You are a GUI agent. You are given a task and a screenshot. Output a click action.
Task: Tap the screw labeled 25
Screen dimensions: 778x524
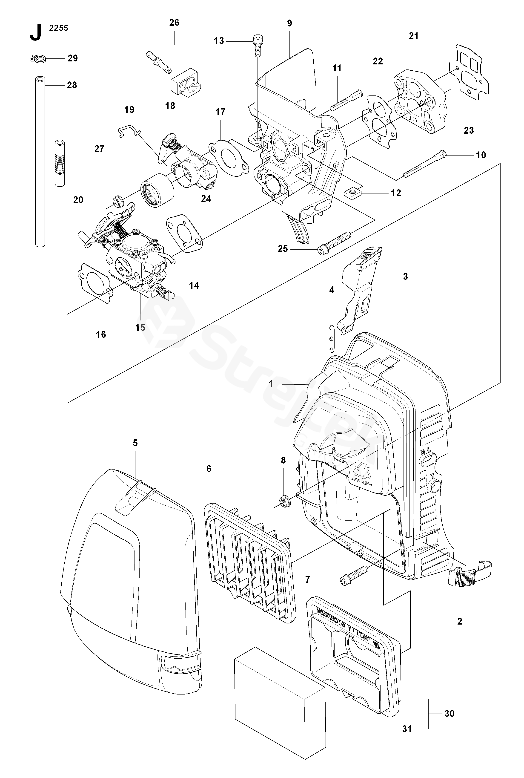pos(334,242)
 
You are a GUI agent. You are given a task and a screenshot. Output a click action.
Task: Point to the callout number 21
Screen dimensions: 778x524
pos(413,36)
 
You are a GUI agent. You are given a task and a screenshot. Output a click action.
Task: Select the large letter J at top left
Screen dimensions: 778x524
pos(36,32)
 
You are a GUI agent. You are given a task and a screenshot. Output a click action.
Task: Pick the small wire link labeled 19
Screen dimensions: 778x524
pos(130,130)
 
